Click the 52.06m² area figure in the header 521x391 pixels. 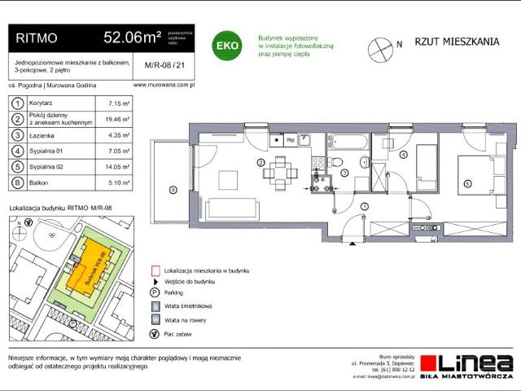click(x=131, y=37)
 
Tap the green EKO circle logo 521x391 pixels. click(x=225, y=46)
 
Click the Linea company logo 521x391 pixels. click(x=475, y=363)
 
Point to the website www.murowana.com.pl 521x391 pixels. click(x=162, y=84)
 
